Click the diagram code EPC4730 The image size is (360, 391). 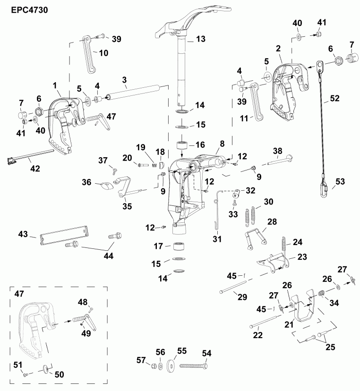tap(27, 8)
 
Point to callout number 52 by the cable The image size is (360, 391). tap(334, 98)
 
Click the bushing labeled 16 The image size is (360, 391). tap(182, 145)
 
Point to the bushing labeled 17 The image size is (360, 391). tap(179, 246)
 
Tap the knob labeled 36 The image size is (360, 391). tap(106, 186)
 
